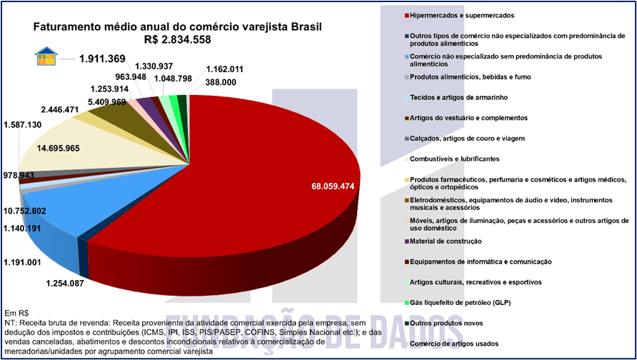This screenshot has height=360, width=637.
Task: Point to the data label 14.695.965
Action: point(49,149)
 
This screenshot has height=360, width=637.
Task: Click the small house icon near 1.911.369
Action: point(45,57)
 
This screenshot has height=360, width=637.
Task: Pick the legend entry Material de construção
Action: point(451,241)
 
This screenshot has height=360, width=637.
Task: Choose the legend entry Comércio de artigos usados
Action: point(453,344)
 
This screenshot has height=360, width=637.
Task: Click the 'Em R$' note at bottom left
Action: point(16,314)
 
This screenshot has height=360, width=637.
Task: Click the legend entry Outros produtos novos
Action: point(448,324)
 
